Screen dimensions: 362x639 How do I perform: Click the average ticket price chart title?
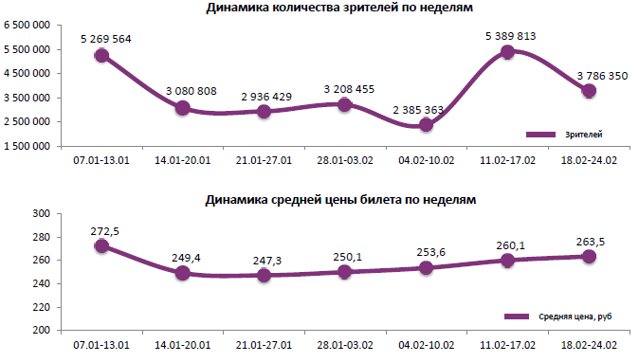click(x=339, y=200)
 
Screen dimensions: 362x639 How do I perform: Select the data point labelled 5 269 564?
click(x=101, y=55)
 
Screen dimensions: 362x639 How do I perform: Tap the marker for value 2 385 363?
click(x=427, y=124)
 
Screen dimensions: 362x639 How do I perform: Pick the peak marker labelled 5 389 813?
click(x=508, y=52)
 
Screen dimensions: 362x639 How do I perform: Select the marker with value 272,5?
click(x=101, y=246)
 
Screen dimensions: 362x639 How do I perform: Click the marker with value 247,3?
click(x=265, y=275)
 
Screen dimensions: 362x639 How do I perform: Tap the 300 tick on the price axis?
click(x=41, y=214)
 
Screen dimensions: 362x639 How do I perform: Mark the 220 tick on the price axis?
click(x=41, y=307)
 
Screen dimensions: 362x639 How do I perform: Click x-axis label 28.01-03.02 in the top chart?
click(x=345, y=160)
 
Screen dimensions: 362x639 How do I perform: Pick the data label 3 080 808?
click(x=184, y=91)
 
